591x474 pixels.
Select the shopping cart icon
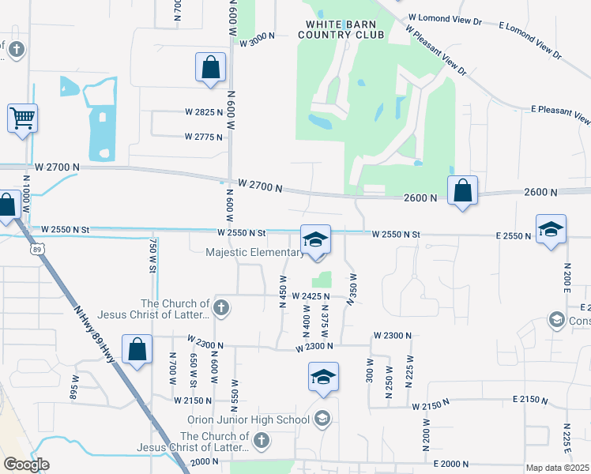(23, 118)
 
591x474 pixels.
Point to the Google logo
(25, 465)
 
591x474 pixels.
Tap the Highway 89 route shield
(39, 249)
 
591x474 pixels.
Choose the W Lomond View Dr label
(446, 17)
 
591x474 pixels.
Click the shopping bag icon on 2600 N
(462, 190)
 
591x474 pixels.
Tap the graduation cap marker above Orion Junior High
(322, 378)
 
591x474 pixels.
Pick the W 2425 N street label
(310, 296)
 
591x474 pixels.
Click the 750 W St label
(152, 258)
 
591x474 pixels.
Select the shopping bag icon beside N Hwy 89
(137, 349)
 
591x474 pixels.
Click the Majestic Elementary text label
(254, 253)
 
